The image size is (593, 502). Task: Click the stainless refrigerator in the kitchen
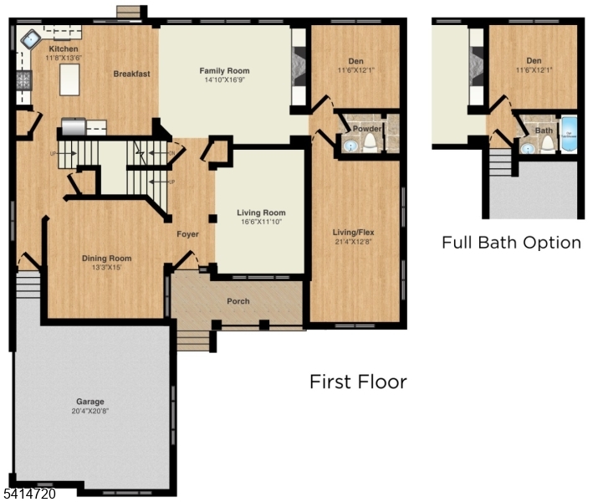click(x=74, y=128)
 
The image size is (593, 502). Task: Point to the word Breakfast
click(x=132, y=74)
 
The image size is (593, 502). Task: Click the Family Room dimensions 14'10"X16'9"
click(x=224, y=81)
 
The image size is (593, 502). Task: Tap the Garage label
click(x=90, y=401)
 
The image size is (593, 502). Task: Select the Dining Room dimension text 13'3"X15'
click(x=106, y=268)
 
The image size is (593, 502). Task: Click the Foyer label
click(x=187, y=234)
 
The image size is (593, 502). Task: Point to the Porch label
click(x=238, y=301)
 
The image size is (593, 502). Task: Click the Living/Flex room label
click(x=356, y=233)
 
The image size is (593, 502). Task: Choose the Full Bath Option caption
click(x=511, y=243)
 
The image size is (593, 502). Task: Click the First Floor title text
click(x=358, y=382)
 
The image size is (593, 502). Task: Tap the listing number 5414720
click(x=28, y=494)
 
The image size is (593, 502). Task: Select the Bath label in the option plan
click(x=544, y=131)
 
